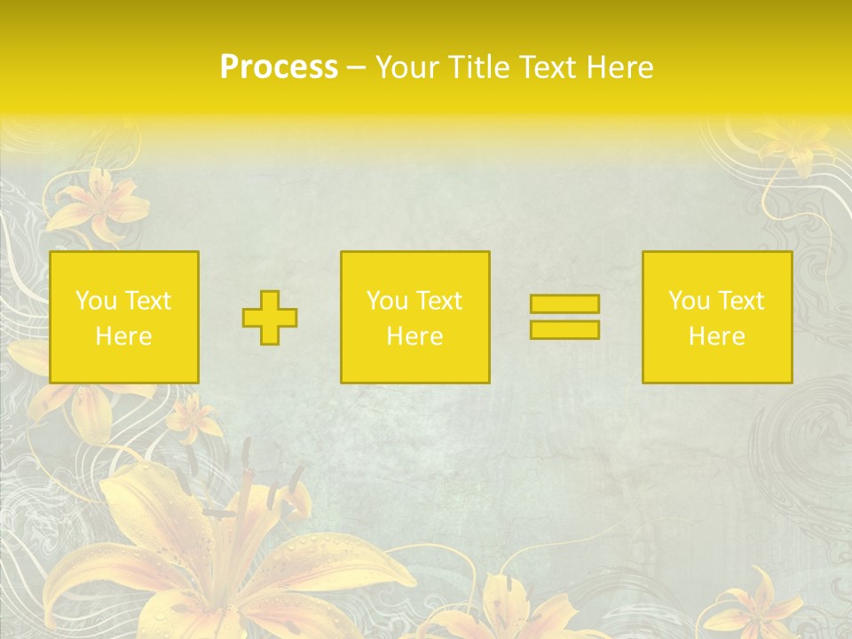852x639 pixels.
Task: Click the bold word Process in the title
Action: coord(279,67)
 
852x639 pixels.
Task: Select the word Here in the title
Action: coord(619,67)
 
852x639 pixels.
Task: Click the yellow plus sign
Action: coord(270,318)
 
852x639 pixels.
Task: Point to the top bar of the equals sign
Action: coord(564,304)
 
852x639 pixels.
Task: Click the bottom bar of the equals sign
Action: coord(564,330)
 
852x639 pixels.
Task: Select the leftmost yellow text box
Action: coord(124,317)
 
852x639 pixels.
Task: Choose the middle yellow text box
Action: coord(415,317)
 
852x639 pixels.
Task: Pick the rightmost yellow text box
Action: coord(717,317)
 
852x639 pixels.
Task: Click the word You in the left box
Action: coord(95,301)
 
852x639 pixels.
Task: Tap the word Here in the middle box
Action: coord(415,336)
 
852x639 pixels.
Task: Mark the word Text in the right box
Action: coord(741,301)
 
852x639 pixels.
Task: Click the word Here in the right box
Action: coord(717,336)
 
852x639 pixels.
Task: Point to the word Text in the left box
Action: coord(147,301)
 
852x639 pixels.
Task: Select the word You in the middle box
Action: coord(386,301)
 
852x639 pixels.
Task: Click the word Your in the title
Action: coord(408,67)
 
